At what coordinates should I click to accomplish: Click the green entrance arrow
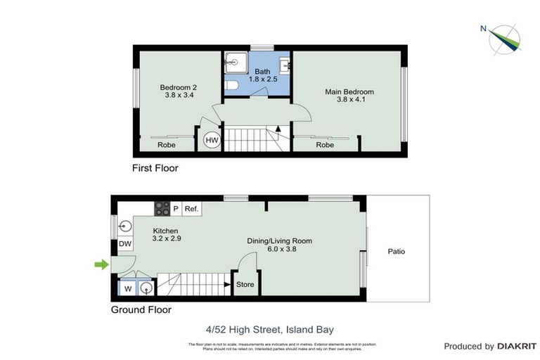coord(102,264)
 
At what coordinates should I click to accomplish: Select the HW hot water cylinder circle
coord(212,141)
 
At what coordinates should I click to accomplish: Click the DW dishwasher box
coord(124,244)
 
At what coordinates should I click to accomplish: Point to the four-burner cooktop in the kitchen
coord(162,208)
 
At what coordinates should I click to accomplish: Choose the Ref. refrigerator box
coord(191,209)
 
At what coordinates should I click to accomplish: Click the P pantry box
coord(175,209)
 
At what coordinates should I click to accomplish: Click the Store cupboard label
coord(245,285)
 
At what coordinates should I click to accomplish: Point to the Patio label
coord(396,251)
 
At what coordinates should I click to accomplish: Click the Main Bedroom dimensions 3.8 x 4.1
coord(349,100)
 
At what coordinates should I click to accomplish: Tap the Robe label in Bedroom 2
coord(166,145)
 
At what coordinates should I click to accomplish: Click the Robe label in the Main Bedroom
coord(324,145)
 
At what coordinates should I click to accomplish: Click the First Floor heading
coord(155,169)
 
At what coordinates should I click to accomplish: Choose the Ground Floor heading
coord(141,309)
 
